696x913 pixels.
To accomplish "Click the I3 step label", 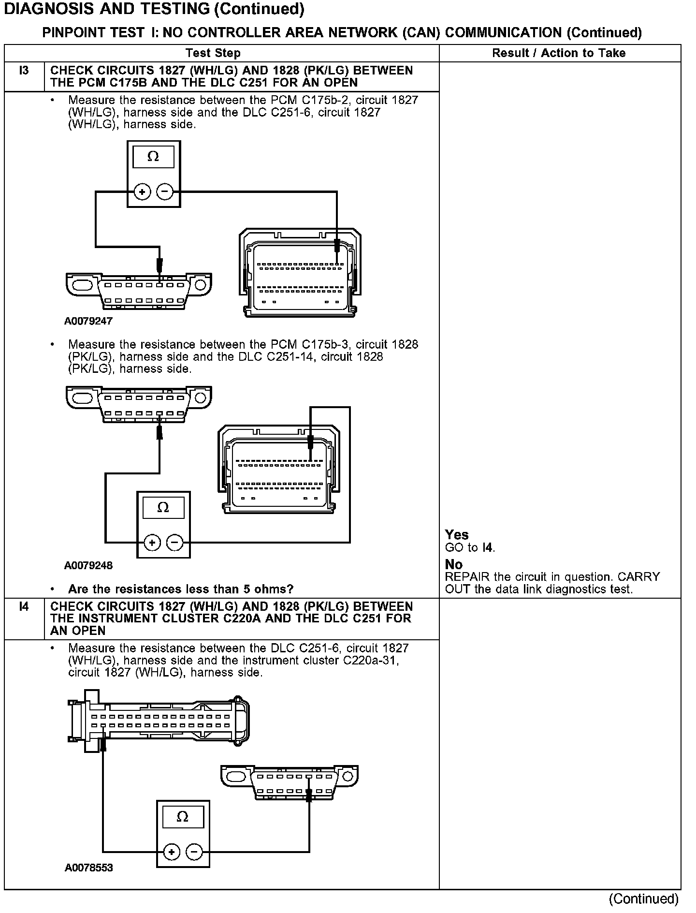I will tap(24, 71).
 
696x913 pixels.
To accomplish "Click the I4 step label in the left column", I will tap(24, 606).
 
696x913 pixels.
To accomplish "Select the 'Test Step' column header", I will tap(213, 53).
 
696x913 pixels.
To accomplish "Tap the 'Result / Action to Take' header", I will tap(559, 53).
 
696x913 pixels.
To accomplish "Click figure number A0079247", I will tap(88, 321).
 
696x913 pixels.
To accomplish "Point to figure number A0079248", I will tap(88, 565).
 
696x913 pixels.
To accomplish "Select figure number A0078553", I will tap(89, 868).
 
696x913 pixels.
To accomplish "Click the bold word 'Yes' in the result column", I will tap(457, 535).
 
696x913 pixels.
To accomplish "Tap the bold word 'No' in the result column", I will tap(454, 564).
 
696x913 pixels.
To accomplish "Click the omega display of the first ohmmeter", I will tap(153, 157).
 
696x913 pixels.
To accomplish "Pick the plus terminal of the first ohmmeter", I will tap(142, 192).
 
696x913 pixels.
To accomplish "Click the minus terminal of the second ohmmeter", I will tap(175, 543).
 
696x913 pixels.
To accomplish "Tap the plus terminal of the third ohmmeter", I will tap(172, 852).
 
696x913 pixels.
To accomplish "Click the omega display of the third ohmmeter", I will tap(183, 817).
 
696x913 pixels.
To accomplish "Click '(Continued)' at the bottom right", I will tap(644, 898).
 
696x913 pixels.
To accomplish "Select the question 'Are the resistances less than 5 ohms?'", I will tap(181, 589).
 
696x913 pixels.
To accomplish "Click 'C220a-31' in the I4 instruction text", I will tap(371, 661).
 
